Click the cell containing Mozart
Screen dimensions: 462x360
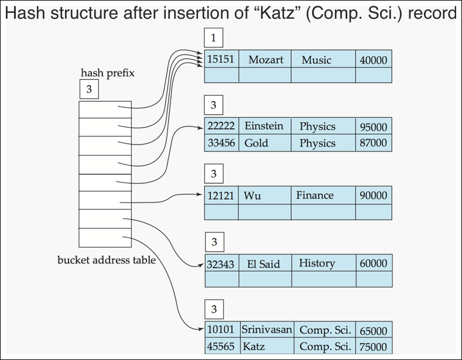[265, 59]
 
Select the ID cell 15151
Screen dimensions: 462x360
[221, 59]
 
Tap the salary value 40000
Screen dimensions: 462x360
[374, 60]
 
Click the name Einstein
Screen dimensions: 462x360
[263, 126]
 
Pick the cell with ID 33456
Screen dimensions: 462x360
[221, 143]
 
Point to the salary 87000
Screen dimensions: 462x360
[374, 143]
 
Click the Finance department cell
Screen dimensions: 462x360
[323, 195]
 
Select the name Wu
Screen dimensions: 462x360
[252, 196]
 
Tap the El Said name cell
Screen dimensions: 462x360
[265, 263]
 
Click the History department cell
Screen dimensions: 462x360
[324, 263]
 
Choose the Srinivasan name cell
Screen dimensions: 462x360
[267, 330]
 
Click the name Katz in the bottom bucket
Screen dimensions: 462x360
[254, 347]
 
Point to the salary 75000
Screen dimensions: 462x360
[374, 347]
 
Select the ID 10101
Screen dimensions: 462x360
[221, 330]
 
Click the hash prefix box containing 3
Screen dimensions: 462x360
[89, 89]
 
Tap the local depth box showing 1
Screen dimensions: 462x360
[214, 37]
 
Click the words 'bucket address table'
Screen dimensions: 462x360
[107, 260]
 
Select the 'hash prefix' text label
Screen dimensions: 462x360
[108, 73]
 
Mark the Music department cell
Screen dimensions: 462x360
[323, 59]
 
